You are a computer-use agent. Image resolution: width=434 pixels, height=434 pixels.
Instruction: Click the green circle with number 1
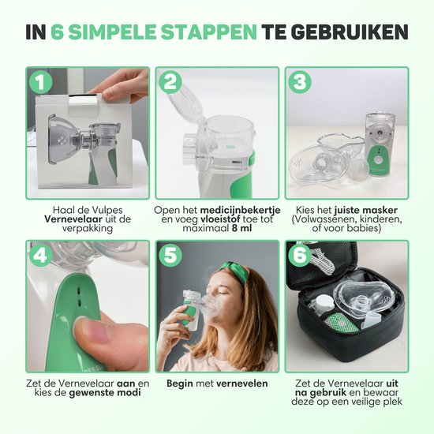(x=39, y=83)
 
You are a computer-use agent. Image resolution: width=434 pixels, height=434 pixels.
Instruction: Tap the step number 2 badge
(x=170, y=83)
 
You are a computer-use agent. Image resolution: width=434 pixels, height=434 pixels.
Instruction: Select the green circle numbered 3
(x=299, y=83)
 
